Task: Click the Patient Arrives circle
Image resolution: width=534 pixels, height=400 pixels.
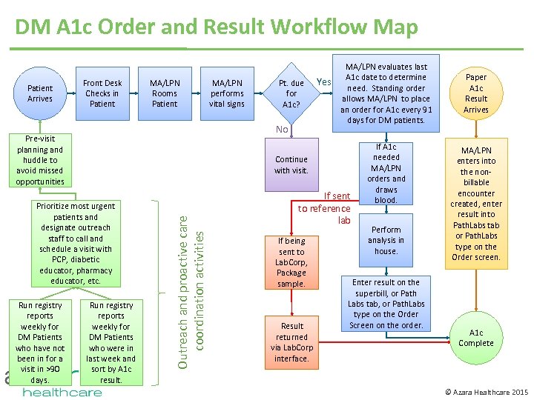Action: [x=40, y=93]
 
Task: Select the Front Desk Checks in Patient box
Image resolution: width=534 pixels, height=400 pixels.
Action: [x=102, y=93]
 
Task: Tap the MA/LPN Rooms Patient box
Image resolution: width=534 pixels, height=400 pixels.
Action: [x=165, y=93]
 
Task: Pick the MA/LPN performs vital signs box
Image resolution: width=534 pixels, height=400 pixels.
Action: [x=227, y=93]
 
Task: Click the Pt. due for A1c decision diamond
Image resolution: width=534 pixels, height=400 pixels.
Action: [x=291, y=94]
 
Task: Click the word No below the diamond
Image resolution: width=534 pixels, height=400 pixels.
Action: [x=282, y=130]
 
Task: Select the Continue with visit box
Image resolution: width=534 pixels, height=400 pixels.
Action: [x=291, y=165]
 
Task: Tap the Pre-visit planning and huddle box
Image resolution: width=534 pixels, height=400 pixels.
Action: [x=40, y=160]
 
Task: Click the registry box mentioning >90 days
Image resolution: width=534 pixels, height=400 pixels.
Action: [x=40, y=341]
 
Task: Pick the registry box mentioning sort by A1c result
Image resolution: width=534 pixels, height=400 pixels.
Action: [x=111, y=341]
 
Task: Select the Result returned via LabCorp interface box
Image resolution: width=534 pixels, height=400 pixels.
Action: [x=292, y=342]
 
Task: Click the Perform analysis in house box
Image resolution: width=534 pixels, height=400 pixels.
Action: [x=386, y=241]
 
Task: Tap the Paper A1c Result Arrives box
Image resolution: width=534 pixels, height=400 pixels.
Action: [x=476, y=93]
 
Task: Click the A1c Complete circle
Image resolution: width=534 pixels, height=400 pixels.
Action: [x=476, y=338]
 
